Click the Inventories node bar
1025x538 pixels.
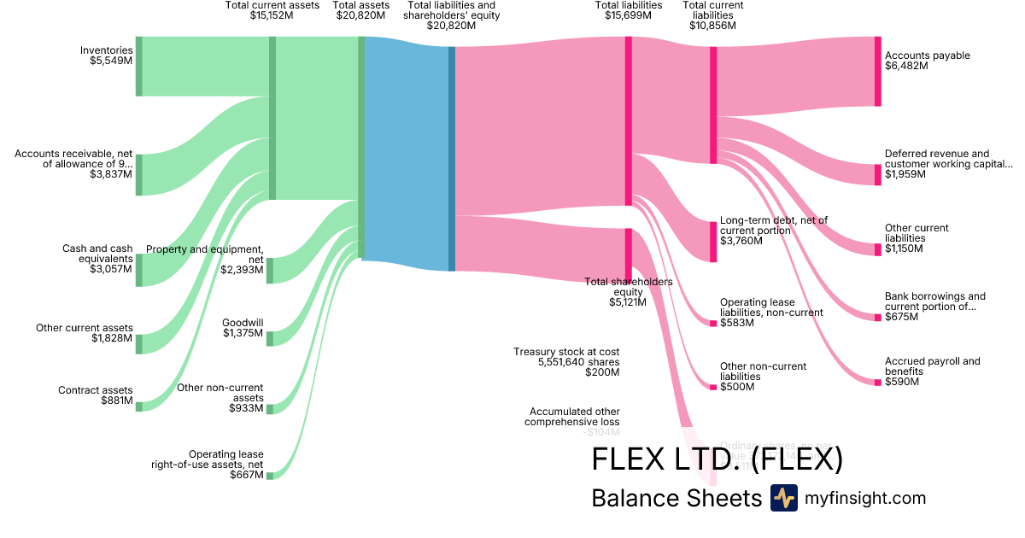(x=139, y=67)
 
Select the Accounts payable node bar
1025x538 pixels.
(x=877, y=72)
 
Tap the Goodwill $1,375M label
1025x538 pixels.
(x=243, y=328)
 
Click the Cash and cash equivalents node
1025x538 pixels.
(x=139, y=270)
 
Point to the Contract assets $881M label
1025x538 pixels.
(x=96, y=395)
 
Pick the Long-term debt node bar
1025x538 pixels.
(x=713, y=242)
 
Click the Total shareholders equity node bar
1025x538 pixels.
(x=629, y=254)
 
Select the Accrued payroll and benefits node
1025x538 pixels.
(x=877, y=382)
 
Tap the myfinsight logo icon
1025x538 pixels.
(x=783, y=498)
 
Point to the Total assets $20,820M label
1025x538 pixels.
(x=361, y=10)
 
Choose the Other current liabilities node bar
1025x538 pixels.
(x=877, y=249)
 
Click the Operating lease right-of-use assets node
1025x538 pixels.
(x=270, y=476)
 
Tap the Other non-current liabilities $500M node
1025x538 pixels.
(x=713, y=387)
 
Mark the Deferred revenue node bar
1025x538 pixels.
(x=877, y=174)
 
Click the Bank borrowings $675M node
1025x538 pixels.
(x=877, y=318)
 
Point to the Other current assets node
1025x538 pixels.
(x=139, y=344)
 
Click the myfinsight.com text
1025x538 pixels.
(x=865, y=498)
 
